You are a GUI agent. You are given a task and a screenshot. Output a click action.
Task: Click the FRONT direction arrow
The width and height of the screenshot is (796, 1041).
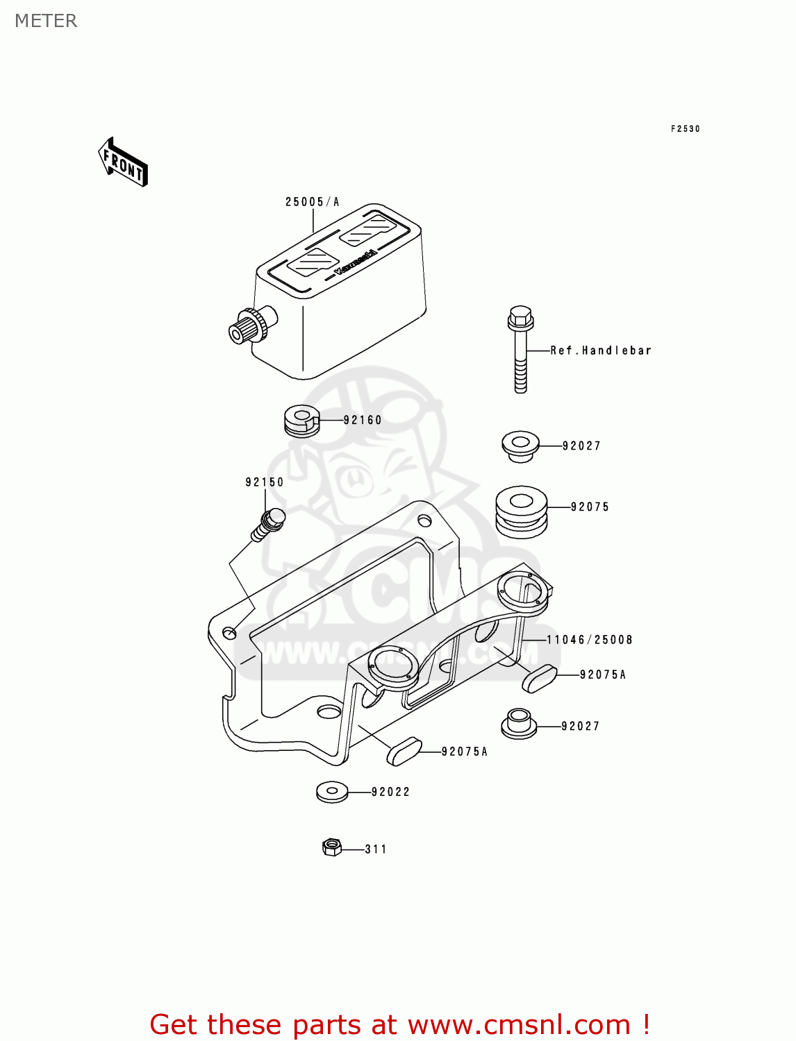124,162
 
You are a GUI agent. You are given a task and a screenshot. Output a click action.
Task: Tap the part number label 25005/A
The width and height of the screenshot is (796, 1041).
312,202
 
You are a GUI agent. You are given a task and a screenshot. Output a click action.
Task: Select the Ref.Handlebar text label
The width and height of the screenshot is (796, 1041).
601,350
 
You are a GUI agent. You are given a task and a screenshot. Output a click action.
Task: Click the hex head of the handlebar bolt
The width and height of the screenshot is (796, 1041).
520,318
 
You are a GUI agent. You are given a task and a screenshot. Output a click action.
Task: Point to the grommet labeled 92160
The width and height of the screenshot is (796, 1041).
301,421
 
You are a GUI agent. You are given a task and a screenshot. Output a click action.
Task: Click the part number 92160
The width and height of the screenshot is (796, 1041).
363,420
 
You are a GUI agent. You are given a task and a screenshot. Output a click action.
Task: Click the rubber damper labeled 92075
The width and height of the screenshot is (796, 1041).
521,511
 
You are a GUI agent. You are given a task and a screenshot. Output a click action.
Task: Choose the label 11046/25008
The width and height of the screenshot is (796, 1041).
590,640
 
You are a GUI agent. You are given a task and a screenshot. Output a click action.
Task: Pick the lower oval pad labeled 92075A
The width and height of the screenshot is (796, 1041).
404,752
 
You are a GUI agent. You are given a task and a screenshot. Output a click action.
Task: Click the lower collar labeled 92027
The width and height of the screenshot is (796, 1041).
519,723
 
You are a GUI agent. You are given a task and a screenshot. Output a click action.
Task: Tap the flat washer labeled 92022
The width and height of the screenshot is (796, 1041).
332,791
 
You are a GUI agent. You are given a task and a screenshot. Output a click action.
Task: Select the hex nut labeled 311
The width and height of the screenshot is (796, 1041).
332,847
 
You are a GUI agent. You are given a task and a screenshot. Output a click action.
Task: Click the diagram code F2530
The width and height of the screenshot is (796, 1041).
685,129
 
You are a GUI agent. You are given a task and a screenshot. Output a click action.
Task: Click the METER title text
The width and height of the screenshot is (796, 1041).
46,21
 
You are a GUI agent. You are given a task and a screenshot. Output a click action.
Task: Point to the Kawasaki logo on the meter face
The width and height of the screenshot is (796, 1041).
356,262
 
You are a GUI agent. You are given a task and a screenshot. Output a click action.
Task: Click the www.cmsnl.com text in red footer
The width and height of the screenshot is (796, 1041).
519,1024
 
